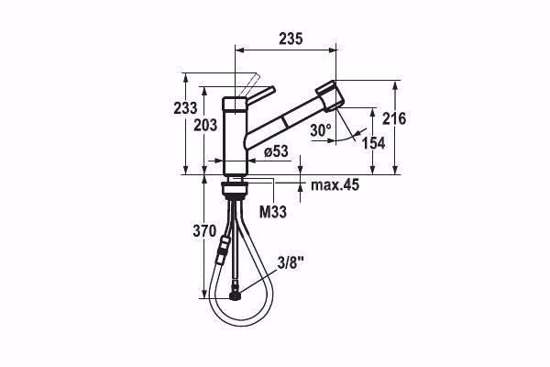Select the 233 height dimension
click(x=186, y=107)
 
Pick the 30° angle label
click(x=320, y=130)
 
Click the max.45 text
click(x=335, y=185)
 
